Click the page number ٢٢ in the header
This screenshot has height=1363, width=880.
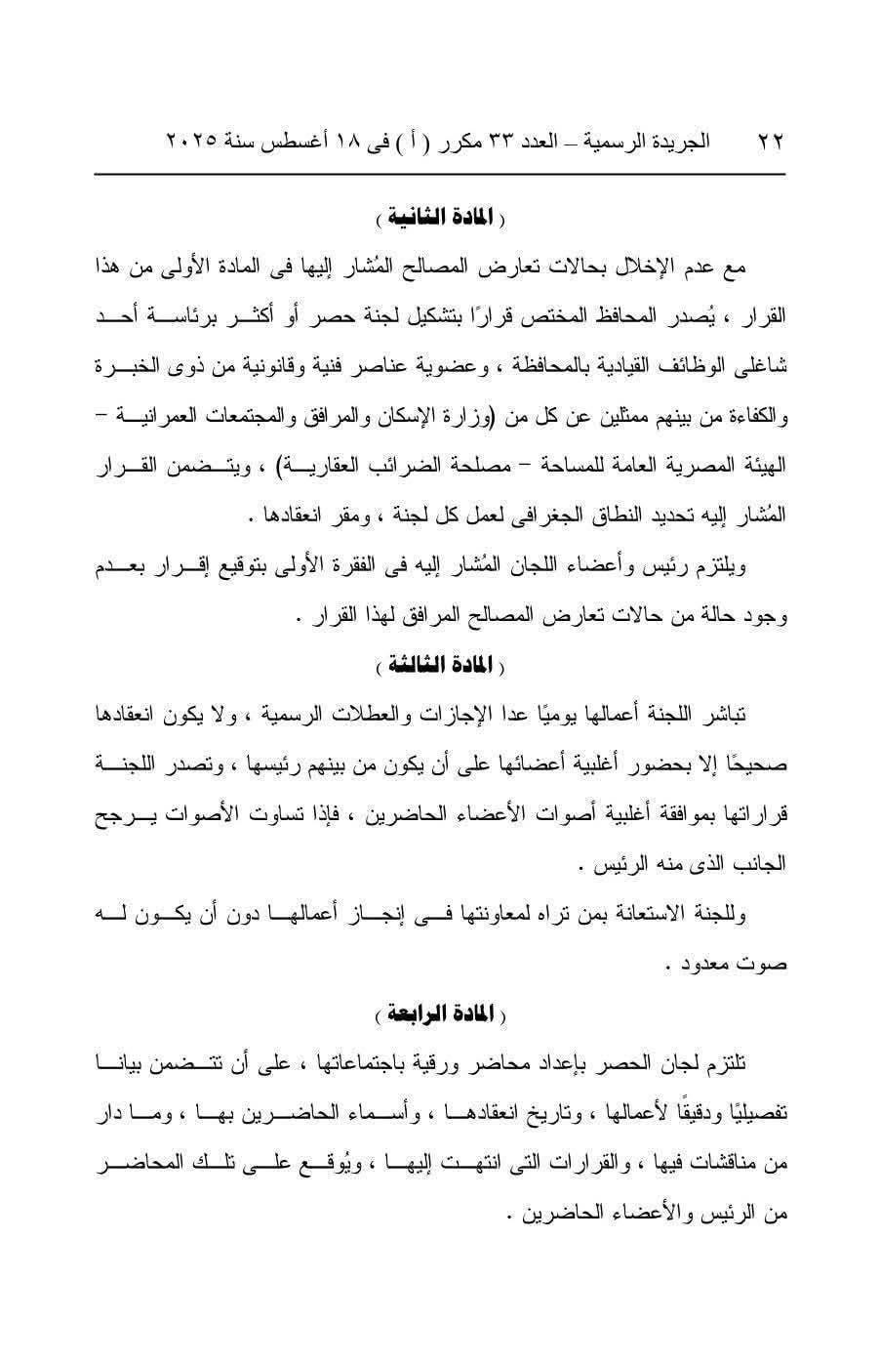(x=771, y=143)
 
